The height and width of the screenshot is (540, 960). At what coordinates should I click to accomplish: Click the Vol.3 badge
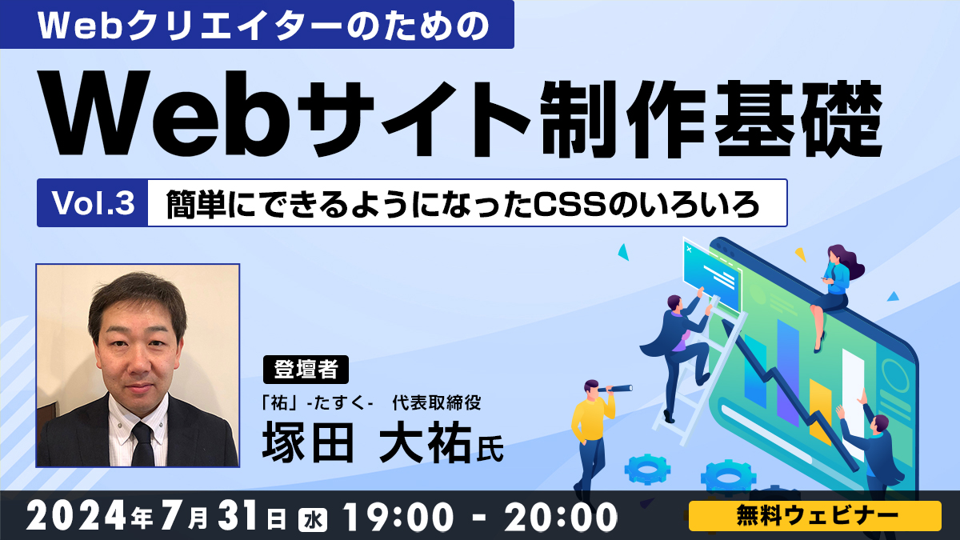(93, 202)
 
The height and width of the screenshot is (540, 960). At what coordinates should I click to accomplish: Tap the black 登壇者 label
(306, 370)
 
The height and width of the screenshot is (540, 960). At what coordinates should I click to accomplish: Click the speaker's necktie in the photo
(142, 443)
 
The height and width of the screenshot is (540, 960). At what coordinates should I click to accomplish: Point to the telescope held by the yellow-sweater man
(615, 389)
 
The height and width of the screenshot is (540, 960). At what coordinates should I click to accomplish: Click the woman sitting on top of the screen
(834, 291)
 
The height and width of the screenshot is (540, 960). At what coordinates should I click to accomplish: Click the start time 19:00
(398, 517)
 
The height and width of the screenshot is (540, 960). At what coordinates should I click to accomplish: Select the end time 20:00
(561, 517)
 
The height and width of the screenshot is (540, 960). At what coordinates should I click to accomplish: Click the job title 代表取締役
(436, 402)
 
